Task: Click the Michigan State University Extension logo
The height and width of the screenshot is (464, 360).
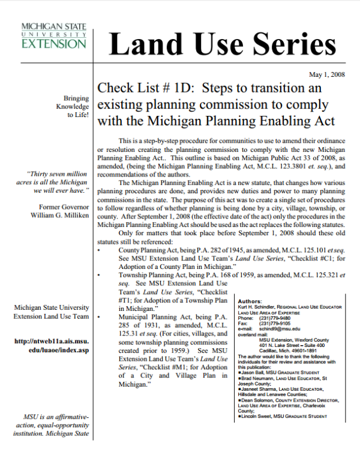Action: tap(53, 37)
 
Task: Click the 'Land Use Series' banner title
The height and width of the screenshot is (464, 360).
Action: tap(223, 44)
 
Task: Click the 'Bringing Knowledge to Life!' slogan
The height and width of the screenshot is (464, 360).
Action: tap(71, 107)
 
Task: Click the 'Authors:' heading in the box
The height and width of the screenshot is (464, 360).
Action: tap(250, 301)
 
